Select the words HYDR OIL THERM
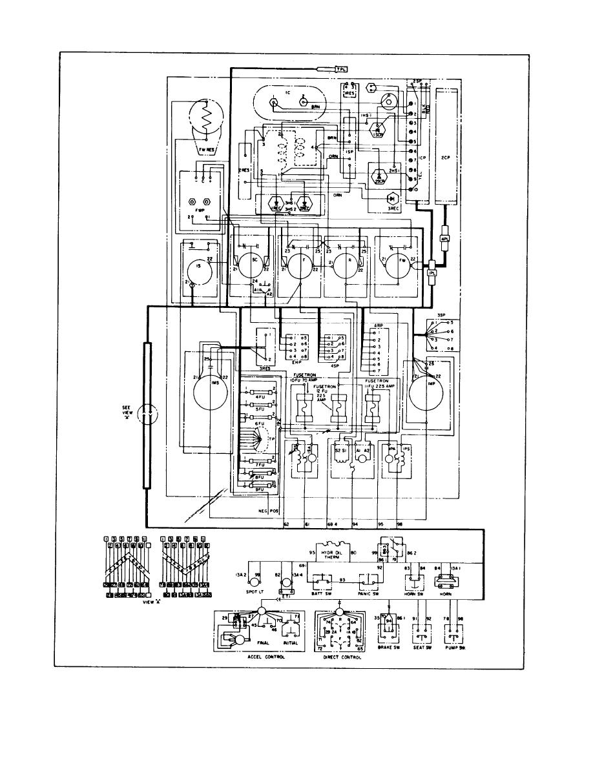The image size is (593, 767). (331, 557)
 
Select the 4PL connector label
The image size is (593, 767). (444, 238)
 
